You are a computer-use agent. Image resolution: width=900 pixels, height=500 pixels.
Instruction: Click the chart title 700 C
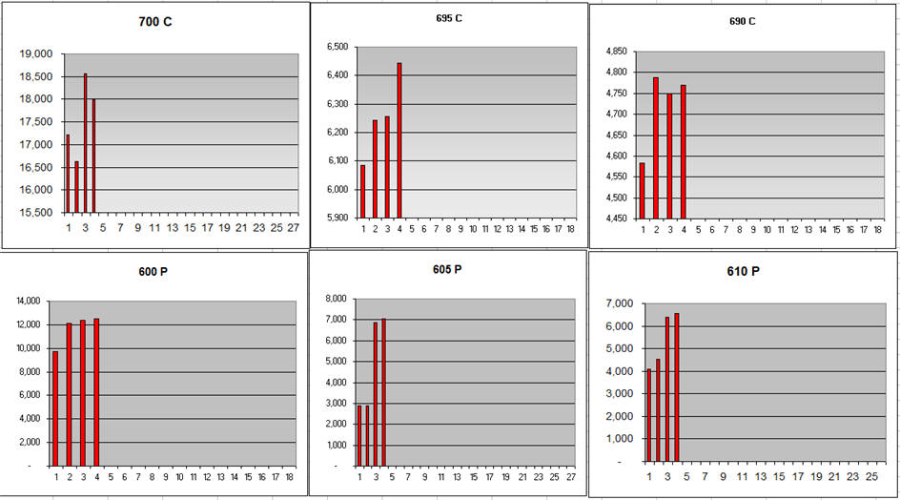tap(154, 21)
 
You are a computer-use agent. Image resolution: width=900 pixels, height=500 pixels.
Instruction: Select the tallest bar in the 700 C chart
tap(85, 143)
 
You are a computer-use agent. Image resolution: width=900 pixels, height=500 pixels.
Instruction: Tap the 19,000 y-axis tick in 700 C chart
tap(37, 53)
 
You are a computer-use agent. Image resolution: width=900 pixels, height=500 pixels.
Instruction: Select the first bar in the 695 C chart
tap(362, 191)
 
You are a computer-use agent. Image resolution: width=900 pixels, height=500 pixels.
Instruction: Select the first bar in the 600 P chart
tap(55, 408)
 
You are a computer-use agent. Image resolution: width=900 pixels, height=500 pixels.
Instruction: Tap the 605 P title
tap(446, 269)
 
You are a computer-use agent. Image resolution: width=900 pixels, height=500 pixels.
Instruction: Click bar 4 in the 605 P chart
tap(384, 392)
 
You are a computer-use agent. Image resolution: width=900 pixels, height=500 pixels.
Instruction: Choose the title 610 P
tap(743, 272)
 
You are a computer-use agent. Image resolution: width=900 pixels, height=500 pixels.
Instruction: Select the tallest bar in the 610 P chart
tap(677, 387)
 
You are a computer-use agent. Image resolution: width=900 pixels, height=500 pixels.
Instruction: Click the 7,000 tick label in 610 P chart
tap(620, 303)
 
